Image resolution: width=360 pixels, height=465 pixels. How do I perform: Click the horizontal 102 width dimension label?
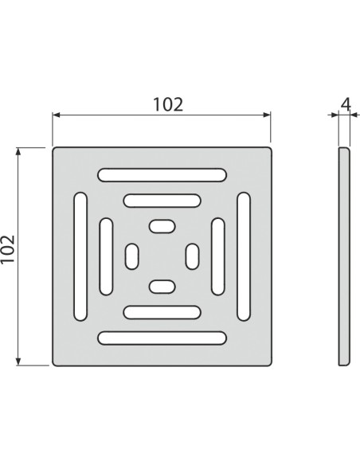click(x=168, y=104)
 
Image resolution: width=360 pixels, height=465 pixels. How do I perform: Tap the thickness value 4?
click(x=343, y=102)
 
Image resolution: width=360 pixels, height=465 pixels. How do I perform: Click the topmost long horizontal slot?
click(x=161, y=174)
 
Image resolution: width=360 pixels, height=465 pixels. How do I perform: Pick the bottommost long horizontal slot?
click(x=161, y=338)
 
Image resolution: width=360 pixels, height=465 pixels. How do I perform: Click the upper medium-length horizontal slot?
click(x=161, y=201)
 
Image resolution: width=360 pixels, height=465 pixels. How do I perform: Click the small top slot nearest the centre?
click(x=162, y=227)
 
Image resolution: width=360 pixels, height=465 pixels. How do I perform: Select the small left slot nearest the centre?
click(x=132, y=256)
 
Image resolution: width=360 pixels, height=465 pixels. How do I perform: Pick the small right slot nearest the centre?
click(x=191, y=256)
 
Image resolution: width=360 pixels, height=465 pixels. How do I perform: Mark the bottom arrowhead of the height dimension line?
click(x=20, y=361)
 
